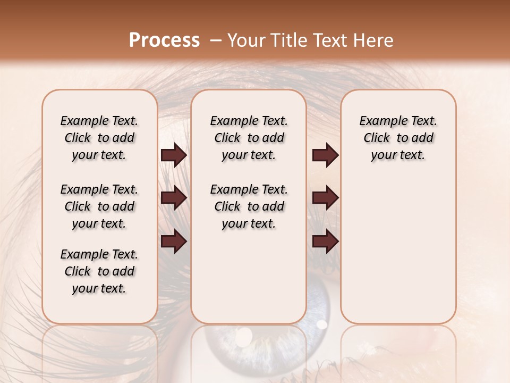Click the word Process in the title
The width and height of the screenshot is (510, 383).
pyautogui.click(x=164, y=40)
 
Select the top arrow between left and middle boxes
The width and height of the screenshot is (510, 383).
pyautogui.click(x=174, y=155)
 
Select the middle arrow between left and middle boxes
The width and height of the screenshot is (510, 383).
pyautogui.click(x=174, y=198)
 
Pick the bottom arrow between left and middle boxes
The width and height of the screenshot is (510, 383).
pyautogui.click(x=174, y=242)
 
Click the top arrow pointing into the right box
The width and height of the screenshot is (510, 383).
pyautogui.click(x=325, y=155)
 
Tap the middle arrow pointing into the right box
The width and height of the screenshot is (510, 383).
pyautogui.click(x=325, y=198)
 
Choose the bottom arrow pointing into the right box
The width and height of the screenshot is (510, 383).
pyautogui.click(x=325, y=242)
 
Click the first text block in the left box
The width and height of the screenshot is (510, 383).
pyautogui.click(x=99, y=138)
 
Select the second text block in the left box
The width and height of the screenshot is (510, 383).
pyautogui.click(x=99, y=206)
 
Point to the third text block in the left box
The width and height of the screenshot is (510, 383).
pyautogui.click(x=99, y=271)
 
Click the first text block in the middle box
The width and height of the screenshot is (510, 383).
pyautogui.click(x=249, y=138)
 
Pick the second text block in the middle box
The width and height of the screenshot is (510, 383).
pyautogui.click(x=249, y=206)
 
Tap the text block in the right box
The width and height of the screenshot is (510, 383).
pyautogui.click(x=398, y=138)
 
